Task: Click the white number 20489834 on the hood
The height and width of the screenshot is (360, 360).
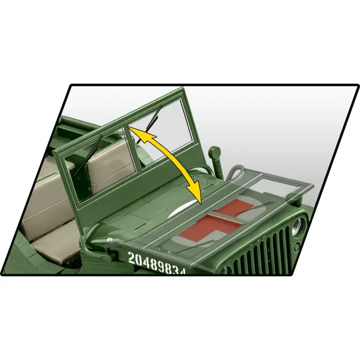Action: click(x=156, y=264)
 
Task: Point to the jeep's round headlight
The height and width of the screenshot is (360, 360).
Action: click(x=297, y=225)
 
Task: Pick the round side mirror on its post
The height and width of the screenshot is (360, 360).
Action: click(x=214, y=153)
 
